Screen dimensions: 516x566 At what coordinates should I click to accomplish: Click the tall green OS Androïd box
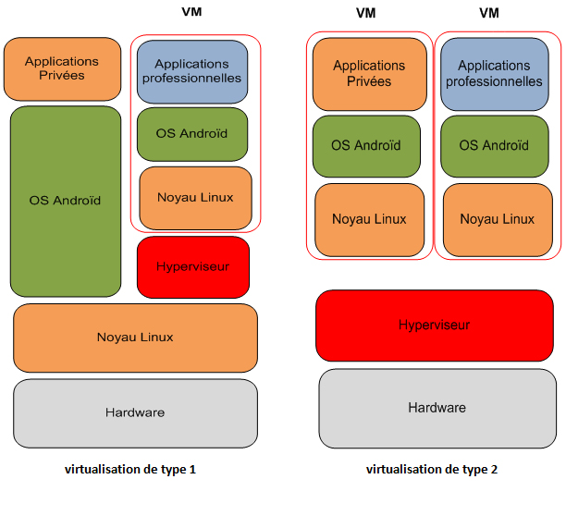click(x=65, y=201)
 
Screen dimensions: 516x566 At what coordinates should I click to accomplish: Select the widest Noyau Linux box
click(x=135, y=338)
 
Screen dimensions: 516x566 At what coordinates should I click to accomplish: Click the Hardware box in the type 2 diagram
click(x=437, y=407)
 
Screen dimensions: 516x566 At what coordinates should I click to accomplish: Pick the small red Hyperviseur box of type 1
click(x=193, y=266)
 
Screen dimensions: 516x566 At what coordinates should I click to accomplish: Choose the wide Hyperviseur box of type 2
click(x=435, y=326)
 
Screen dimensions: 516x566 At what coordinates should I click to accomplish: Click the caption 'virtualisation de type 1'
click(x=130, y=469)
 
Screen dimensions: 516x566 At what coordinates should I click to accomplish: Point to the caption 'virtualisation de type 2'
click(x=432, y=469)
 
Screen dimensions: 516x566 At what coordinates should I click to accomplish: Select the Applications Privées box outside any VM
click(x=62, y=68)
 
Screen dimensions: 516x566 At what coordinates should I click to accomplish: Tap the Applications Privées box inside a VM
click(x=369, y=74)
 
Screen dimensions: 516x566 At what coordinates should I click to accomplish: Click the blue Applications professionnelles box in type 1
click(x=192, y=71)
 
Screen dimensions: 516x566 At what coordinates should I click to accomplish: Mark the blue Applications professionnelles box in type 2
click(x=495, y=74)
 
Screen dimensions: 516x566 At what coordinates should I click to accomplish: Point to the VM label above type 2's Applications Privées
click(x=366, y=13)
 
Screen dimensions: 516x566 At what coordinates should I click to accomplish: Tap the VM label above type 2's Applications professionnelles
click(x=489, y=13)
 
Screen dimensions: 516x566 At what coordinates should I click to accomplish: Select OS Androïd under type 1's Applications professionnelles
click(x=192, y=134)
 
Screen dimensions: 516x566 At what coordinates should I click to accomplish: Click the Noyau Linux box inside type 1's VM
click(x=195, y=198)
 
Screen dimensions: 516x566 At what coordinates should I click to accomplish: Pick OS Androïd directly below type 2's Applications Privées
click(x=366, y=146)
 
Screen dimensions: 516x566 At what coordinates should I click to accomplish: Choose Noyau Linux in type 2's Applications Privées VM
click(x=369, y=219)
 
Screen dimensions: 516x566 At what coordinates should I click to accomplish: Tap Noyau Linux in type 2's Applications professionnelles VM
click(x=497, y=219)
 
